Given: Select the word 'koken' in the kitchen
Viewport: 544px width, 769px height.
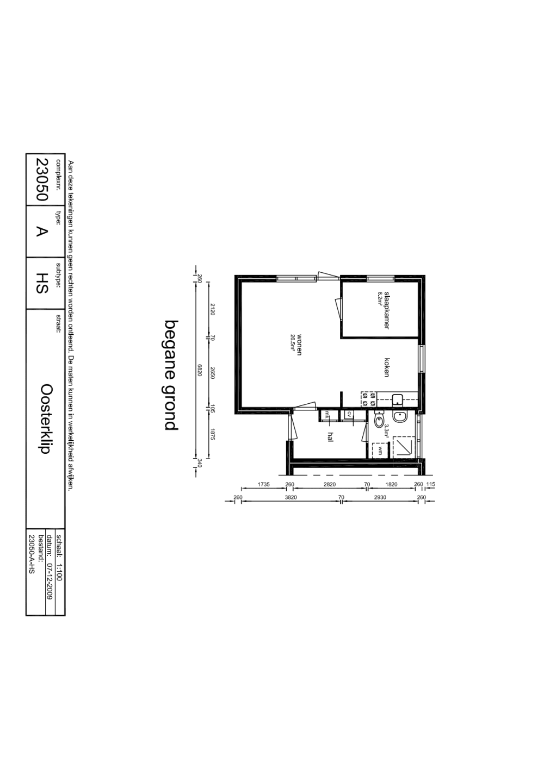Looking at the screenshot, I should coord(387,367).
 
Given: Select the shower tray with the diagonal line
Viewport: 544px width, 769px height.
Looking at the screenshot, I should coord(404,446).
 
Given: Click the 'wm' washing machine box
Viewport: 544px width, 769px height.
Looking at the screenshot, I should coord(380,450).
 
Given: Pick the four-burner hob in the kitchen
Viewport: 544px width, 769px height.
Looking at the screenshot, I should coord(368,399).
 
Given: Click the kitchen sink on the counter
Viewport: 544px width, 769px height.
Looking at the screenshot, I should coord(398,400).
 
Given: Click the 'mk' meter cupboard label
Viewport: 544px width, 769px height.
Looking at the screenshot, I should coord(327,414).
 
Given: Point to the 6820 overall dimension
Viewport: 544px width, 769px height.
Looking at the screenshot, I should coord(200,371).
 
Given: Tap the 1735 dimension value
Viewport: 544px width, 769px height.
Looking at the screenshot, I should coord(263,484).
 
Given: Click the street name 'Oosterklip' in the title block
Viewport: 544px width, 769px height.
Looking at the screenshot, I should coord(46,419).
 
